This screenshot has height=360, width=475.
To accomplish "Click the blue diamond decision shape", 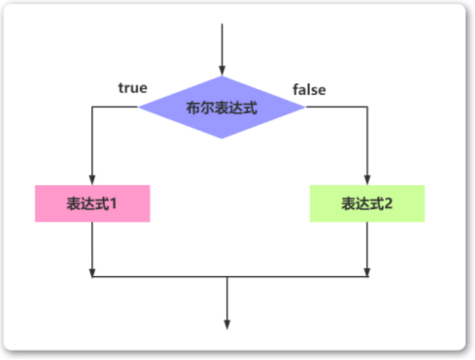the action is pyautogui.click(x=222, y=107).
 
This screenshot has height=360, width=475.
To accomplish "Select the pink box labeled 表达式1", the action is pyautogui.click(x=92, y=204).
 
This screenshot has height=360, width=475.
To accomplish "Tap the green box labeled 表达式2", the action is pyautogui.click(x=367, y=204).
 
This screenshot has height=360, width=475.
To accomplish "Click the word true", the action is pyautogui.click(x=132, y=88).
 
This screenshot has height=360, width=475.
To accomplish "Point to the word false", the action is pyautogui.click(x=309, y=90).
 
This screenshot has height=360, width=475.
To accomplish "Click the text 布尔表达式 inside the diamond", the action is pyautogui.click(x=222, y=108).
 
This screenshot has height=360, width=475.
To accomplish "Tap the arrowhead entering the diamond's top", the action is pyautogui.click(x=222, y=71).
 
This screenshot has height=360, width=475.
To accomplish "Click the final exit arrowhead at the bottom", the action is pyautogui.click(x=227, y=324).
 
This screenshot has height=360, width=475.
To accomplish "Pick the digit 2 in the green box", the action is pyautogui.click(x=388, y=204).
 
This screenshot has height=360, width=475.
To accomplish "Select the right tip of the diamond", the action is pyautogui.click(x=304, y=107).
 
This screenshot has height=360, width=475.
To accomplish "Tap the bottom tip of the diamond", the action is pyautogui.click(x=222, y=138).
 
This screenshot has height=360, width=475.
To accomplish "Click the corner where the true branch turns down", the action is pyautogui.click(x=92, y=107).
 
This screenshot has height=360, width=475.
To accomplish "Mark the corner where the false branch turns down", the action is pyautogui.click(x=367, y=107).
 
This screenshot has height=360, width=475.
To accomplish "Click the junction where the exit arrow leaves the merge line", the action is pyautogui.click(x=227, y=277).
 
